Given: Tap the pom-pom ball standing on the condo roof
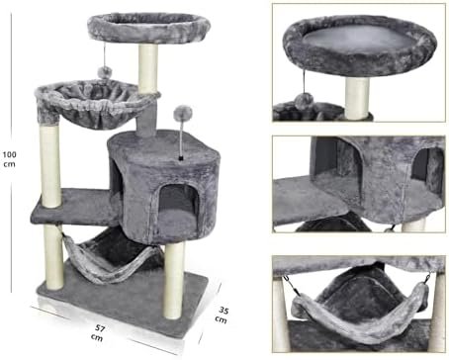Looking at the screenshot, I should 182,114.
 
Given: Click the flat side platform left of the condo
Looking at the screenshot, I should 69,207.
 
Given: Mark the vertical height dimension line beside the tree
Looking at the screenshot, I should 22,158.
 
